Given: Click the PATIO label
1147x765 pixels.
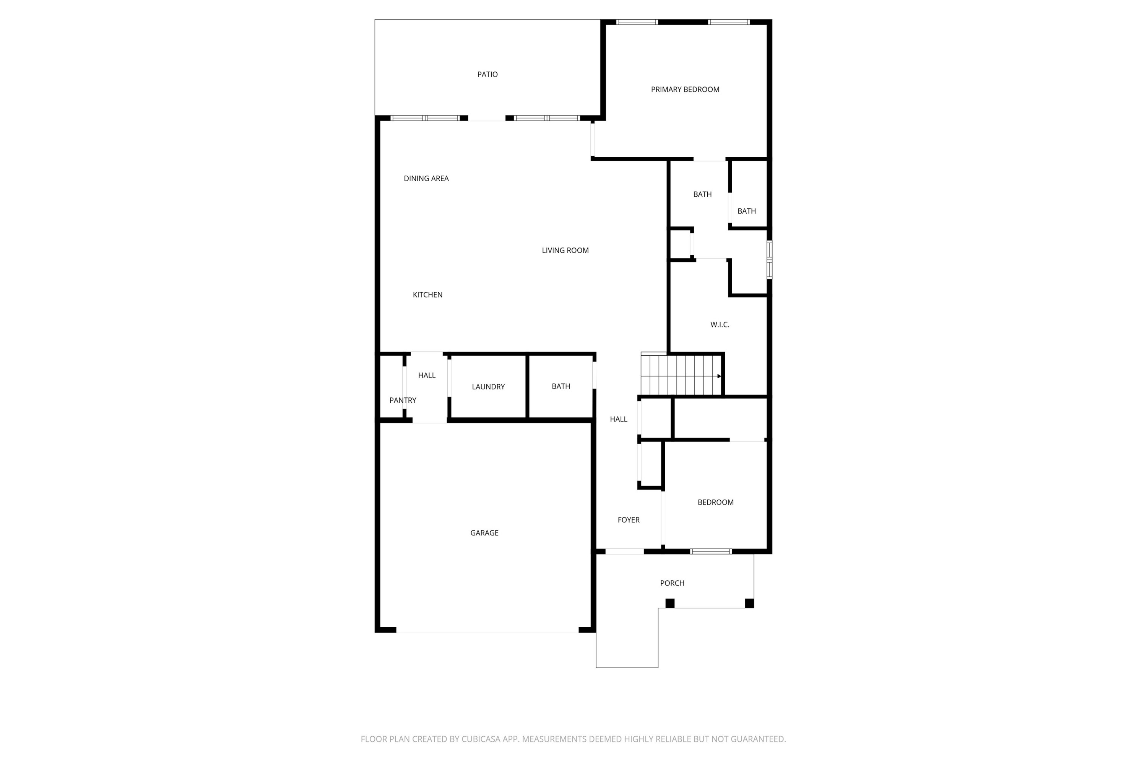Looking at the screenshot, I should click(x=487, y=75).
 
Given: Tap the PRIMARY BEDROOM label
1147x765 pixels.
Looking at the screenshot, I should click(x=685, y=89).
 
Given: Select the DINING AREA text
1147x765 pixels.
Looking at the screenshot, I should click(x=426, y=179).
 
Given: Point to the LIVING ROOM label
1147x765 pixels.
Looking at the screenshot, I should click(x=565, y=250).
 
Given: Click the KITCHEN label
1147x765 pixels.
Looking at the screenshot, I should click(x=427, y=295).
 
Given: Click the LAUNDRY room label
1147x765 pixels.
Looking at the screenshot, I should click(x=488, y=387).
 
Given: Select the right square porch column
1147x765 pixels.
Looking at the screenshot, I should click(x=749, y=604).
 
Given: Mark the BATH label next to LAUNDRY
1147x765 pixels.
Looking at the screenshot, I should click(x=561, y=386).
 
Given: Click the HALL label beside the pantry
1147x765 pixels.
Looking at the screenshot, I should click(x=426, y=375).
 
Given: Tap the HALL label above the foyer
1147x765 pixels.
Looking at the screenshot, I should click(x=618, y=419).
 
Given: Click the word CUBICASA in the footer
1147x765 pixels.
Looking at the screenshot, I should click(x=481, y=739).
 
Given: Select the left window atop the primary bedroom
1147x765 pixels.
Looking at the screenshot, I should click(x=637, y=22).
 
